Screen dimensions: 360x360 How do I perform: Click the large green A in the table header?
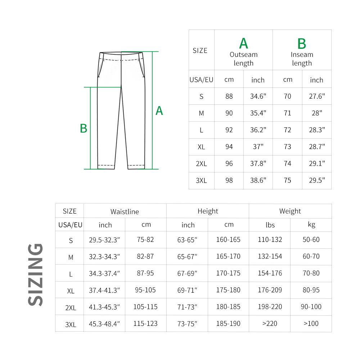[x=244, y=44]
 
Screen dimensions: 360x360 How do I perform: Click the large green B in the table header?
[x=302, y=44]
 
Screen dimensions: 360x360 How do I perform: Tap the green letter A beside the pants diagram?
[x=159, y=111]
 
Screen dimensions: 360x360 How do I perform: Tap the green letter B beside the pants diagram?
[x=84, y=129]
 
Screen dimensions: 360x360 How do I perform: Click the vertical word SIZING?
[x=36, y=275]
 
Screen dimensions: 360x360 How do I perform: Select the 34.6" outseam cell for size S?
[x=258, y=96]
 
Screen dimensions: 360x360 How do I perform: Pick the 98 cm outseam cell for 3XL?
[x=229, y=180]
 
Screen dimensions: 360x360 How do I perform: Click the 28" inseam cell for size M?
[x=317, y=113]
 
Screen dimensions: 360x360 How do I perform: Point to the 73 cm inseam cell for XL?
[x=287, y=147]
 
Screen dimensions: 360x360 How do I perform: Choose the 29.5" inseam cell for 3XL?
[x=317, y=180]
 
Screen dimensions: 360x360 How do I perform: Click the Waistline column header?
[x=125, y=212]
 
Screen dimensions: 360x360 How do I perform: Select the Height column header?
[x=208, y=211]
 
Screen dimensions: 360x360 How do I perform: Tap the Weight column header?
[x=290, y=211]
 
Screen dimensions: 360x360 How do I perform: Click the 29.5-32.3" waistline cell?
[x=104, y=240]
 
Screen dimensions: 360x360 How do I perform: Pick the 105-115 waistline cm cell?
[x=145, y=307]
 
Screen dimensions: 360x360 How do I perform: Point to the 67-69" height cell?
[x=188, y=274]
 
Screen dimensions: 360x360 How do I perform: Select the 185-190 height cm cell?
[x=228, y=324]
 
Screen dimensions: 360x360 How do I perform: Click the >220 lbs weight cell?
[x=270, y=324]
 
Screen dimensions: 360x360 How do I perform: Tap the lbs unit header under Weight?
[x=270, y=225]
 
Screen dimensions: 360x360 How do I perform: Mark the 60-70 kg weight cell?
[x=311, y=257]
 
